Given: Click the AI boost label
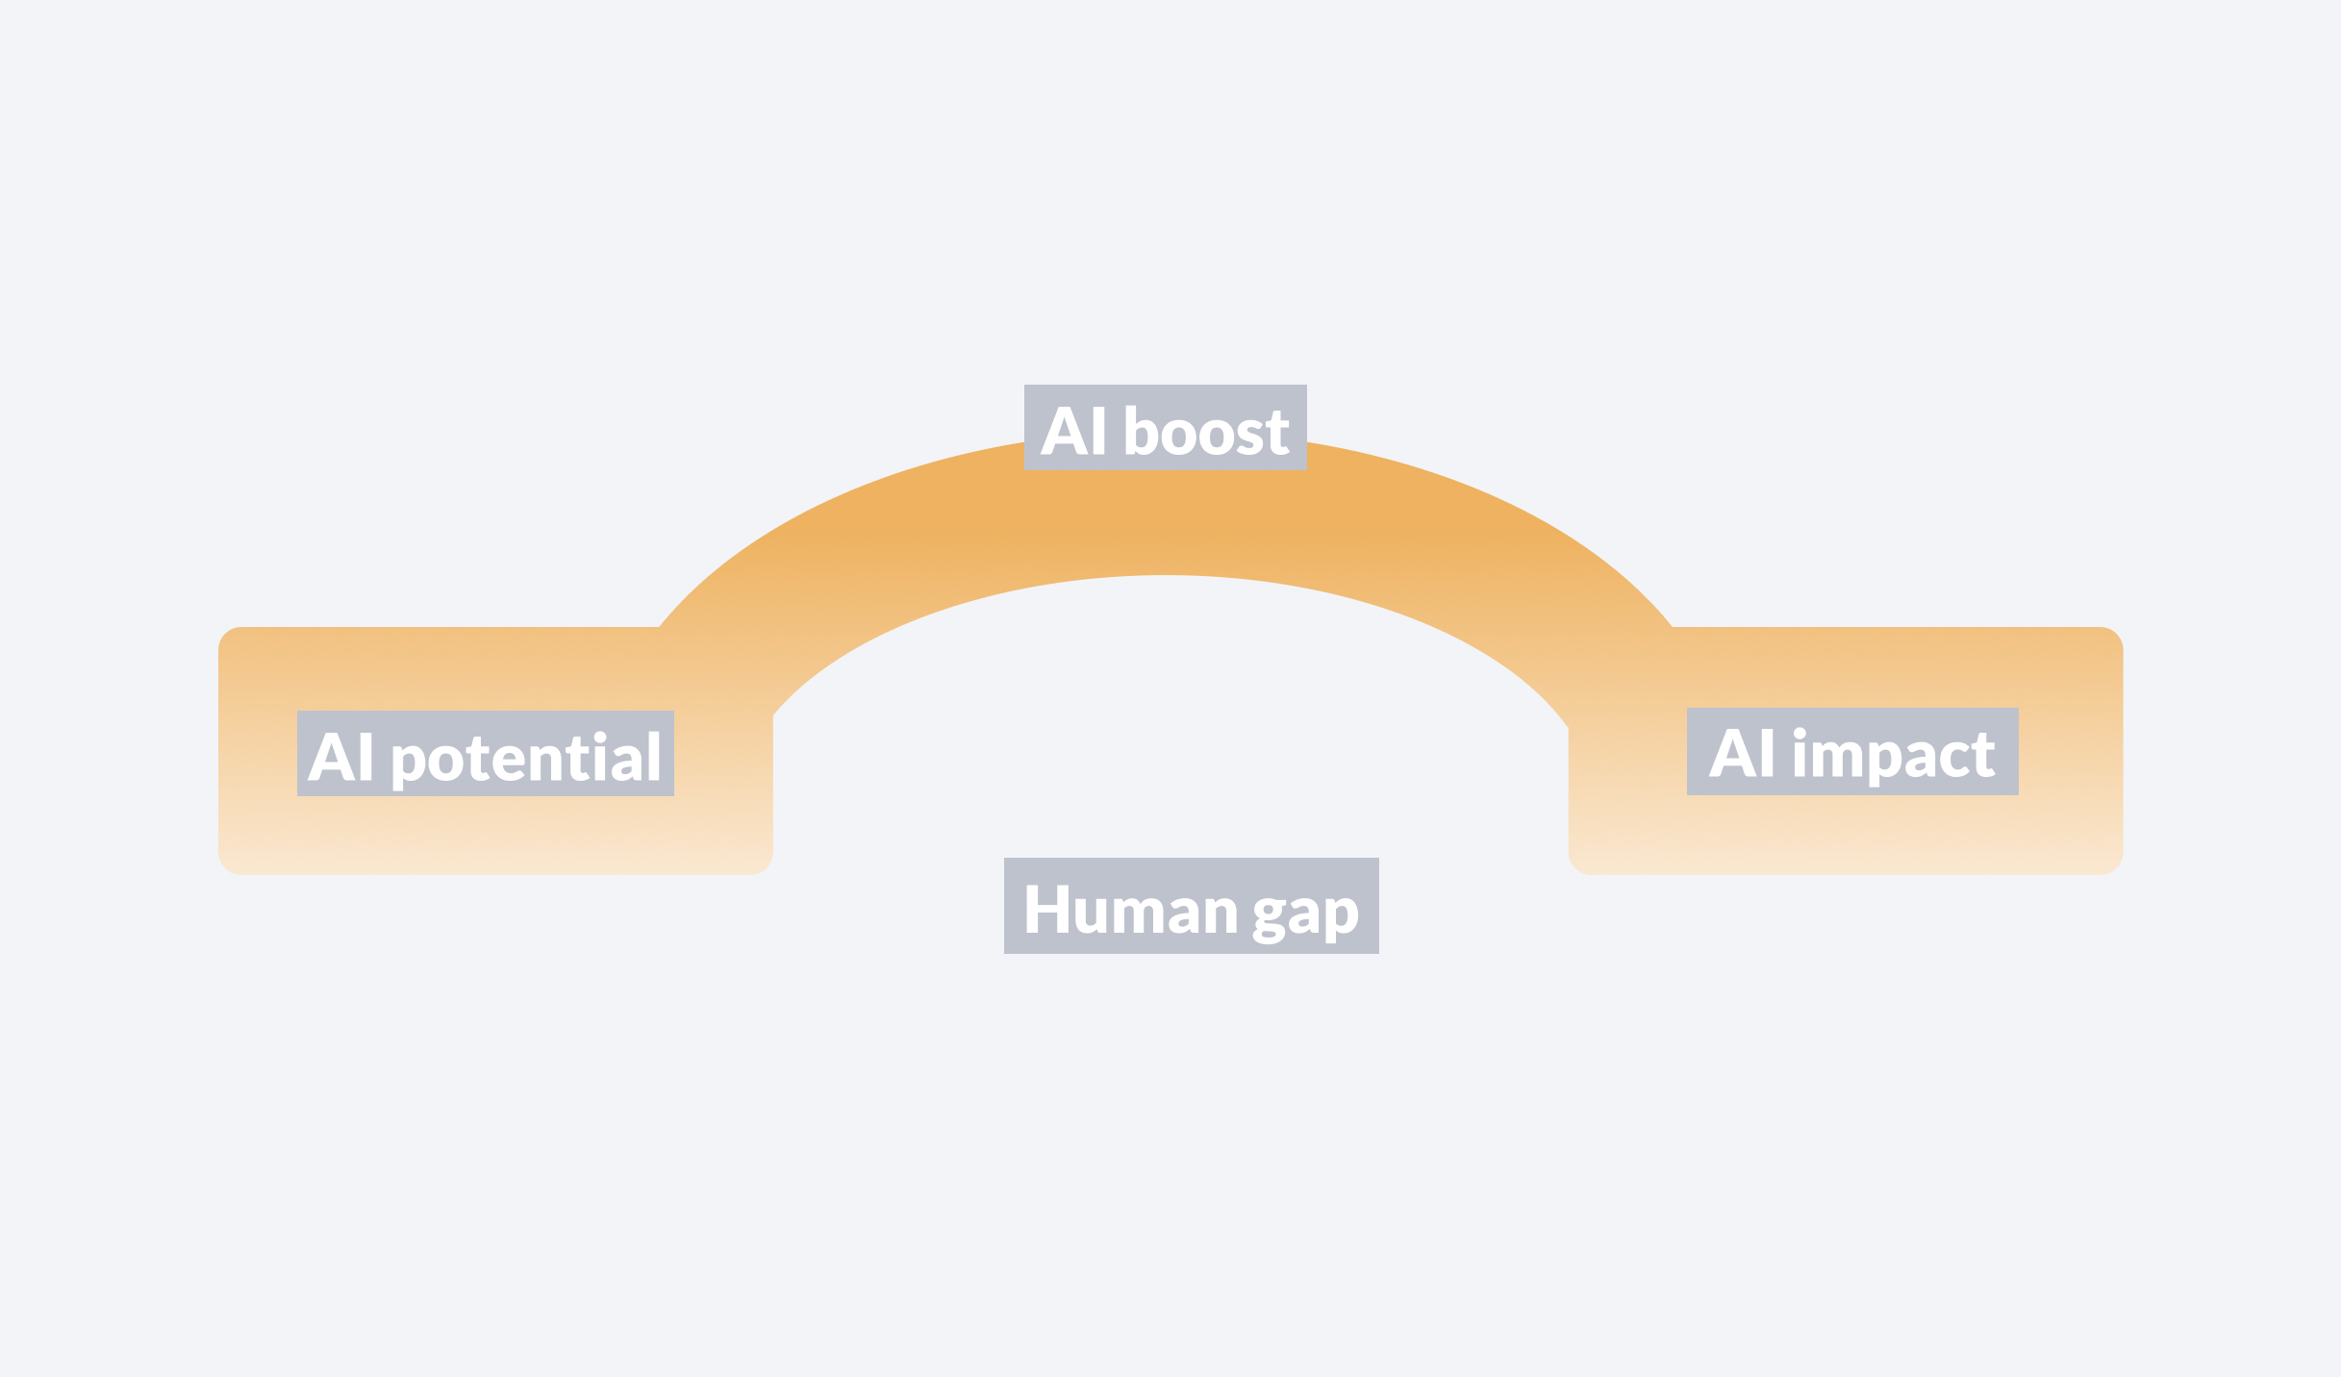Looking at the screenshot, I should [x=1165, y=428].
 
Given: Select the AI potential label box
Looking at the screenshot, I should [x=485, y=753].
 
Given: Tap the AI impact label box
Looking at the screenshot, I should [x=1851, y=751].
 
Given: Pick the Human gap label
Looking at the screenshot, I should [x=1191, y=906].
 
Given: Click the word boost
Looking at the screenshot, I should [x=1206, y=432].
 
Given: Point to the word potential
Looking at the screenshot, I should [x=526, y=758].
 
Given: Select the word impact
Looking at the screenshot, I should [x=1893, y=756].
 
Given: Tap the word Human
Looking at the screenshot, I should [x=1130, y=910].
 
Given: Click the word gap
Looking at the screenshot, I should [x=1305, y=914].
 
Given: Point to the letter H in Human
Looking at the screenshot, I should [x=1046, y=910].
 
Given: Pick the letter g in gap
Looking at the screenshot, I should [x=1269, y=917].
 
